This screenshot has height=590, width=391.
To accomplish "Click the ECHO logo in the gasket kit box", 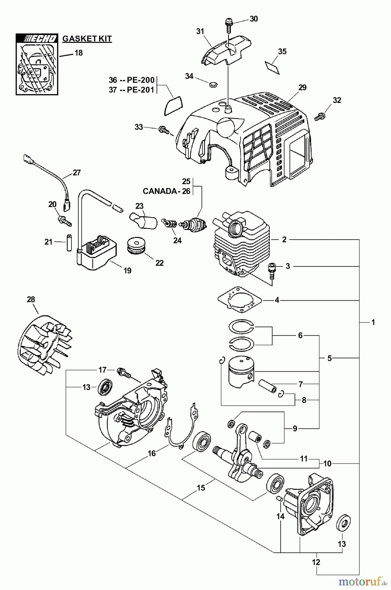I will pyautogui.click(x=37, y=38).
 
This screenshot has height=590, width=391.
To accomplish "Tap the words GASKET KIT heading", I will pyautogui.click(x=87, y=39).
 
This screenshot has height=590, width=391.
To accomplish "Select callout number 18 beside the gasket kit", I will pyautogui.click(x=79, y=52).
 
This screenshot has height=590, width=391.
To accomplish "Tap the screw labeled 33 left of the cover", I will pyautogui.click(x=164, y=130).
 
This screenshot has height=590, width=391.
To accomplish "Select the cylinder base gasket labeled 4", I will pyautogui.click(x=240, y=300).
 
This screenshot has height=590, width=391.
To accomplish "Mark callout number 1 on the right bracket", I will pyautogui.click(x=373, y=322).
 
